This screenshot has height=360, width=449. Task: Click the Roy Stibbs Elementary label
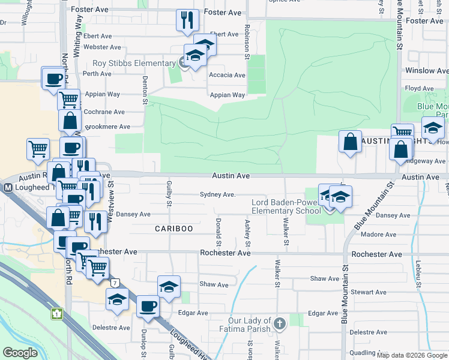coord(133,64)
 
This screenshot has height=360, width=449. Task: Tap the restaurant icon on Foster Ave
coord(187,20)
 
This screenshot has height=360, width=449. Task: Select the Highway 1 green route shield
coord(56,313)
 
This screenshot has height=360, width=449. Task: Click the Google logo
coord(20,353)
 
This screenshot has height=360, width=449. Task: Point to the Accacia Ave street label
coord(227,75)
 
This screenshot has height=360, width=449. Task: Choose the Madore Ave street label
coord(375,235)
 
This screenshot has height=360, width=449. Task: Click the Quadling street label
coord(363,353)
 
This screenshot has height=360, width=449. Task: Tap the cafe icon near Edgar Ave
coord(148,307)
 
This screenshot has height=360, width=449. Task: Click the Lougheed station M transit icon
coord(8,187)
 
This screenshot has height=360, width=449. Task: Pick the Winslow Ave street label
coord(427,71)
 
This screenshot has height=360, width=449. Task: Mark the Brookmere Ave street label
coord(108,127)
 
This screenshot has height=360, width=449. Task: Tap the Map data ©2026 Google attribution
coord(412,355)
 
